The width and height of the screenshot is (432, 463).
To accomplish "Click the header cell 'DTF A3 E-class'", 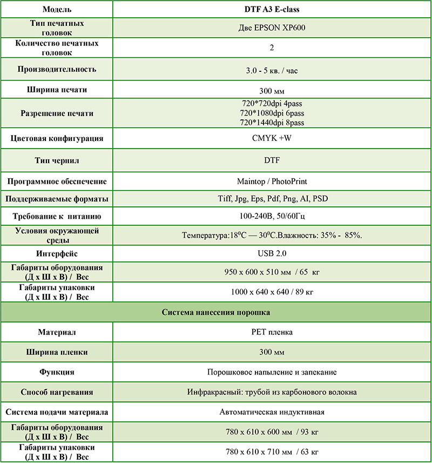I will point(272,10).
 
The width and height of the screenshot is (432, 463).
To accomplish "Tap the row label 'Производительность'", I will point(57,69).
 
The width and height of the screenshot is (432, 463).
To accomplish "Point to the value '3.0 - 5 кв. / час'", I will point(272,70).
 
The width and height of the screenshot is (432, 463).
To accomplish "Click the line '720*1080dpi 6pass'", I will point(272,113).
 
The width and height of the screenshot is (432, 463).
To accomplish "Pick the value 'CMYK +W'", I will point(272,138).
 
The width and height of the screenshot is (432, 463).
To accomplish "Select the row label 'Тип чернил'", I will point(57,160).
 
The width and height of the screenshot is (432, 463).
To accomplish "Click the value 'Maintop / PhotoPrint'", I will point(272,181).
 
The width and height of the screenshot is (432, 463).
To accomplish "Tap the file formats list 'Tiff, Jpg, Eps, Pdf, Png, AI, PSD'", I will point(272,199).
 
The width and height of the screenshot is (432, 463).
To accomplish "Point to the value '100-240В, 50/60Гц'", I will point(272,217).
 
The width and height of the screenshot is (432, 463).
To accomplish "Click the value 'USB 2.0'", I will point(272,253).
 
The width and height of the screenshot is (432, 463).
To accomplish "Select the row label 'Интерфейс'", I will point(57,253).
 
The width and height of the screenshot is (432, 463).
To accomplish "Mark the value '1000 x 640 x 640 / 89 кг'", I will point(272,292).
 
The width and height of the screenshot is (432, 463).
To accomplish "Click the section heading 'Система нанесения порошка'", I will point(216,312).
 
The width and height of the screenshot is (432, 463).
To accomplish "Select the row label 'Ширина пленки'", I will point(57,352).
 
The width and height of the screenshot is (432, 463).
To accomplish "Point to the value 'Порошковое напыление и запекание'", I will point(272,372).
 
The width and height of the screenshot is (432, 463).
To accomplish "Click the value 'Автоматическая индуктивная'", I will point(272,412).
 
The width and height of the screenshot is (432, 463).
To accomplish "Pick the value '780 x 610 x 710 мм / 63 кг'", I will point(272,451).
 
